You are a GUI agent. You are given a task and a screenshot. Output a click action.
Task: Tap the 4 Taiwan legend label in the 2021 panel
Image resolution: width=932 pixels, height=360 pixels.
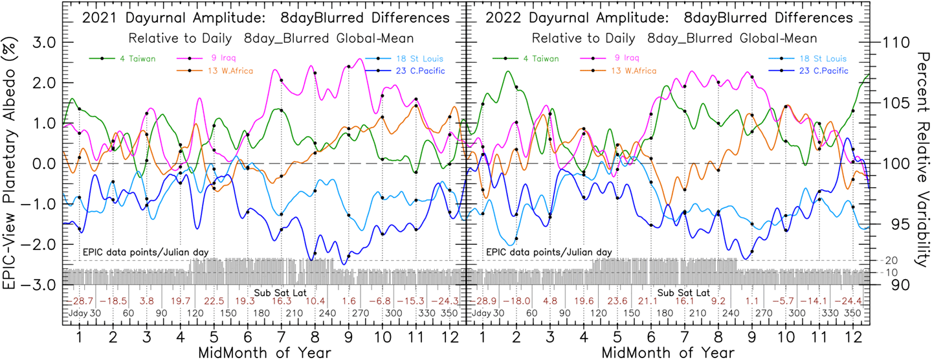pyautogui.click(x=137, y=58)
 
